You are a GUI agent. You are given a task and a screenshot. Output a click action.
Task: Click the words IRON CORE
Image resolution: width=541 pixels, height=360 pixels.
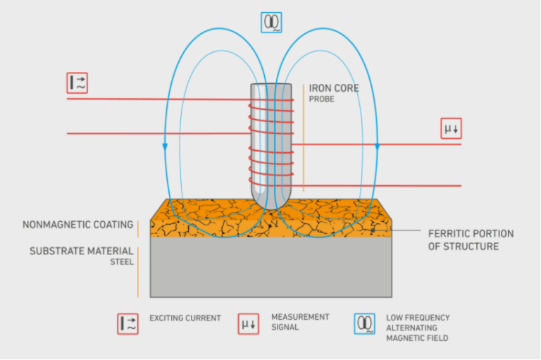click(334, 89)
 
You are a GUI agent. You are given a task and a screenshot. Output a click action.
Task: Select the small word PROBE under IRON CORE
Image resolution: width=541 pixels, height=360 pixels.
click(321, 100)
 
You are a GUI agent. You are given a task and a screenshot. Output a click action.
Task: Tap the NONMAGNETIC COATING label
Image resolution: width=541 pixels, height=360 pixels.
click(77, 225)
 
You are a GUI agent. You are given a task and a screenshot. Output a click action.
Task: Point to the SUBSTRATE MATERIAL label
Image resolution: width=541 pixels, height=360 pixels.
click(81, 251)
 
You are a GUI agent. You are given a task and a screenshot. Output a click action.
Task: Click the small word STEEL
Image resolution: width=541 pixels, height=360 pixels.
click(121, 262)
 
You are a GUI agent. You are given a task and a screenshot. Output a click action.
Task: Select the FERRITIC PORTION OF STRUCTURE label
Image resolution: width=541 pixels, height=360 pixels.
click(471, 240)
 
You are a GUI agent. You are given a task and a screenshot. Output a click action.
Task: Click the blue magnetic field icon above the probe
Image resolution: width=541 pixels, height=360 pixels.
click(271, 23)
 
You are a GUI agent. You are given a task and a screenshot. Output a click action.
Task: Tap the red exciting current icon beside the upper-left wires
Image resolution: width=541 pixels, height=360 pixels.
click(77, 82)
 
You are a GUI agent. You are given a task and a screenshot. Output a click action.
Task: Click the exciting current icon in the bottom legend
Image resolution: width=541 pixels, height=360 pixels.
click(128, 323)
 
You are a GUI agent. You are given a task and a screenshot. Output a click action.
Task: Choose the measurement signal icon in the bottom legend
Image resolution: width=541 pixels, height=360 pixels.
click(248, 323)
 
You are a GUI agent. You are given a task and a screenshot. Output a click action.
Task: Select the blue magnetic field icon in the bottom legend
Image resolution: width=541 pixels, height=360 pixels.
click(365, 323)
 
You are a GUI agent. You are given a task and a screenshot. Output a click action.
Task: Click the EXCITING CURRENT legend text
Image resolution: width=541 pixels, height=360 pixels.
click(185, 318)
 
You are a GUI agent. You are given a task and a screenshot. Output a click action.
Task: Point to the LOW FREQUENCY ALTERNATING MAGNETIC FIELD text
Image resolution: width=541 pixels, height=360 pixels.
click(418, 328)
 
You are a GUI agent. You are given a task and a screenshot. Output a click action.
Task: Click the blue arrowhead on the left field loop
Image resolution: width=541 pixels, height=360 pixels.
click(165, 147)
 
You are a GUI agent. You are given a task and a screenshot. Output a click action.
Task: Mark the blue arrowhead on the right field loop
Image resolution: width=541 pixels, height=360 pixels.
click(378, 147)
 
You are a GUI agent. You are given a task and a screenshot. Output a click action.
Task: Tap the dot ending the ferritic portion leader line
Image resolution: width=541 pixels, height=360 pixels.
click(373, 230)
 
